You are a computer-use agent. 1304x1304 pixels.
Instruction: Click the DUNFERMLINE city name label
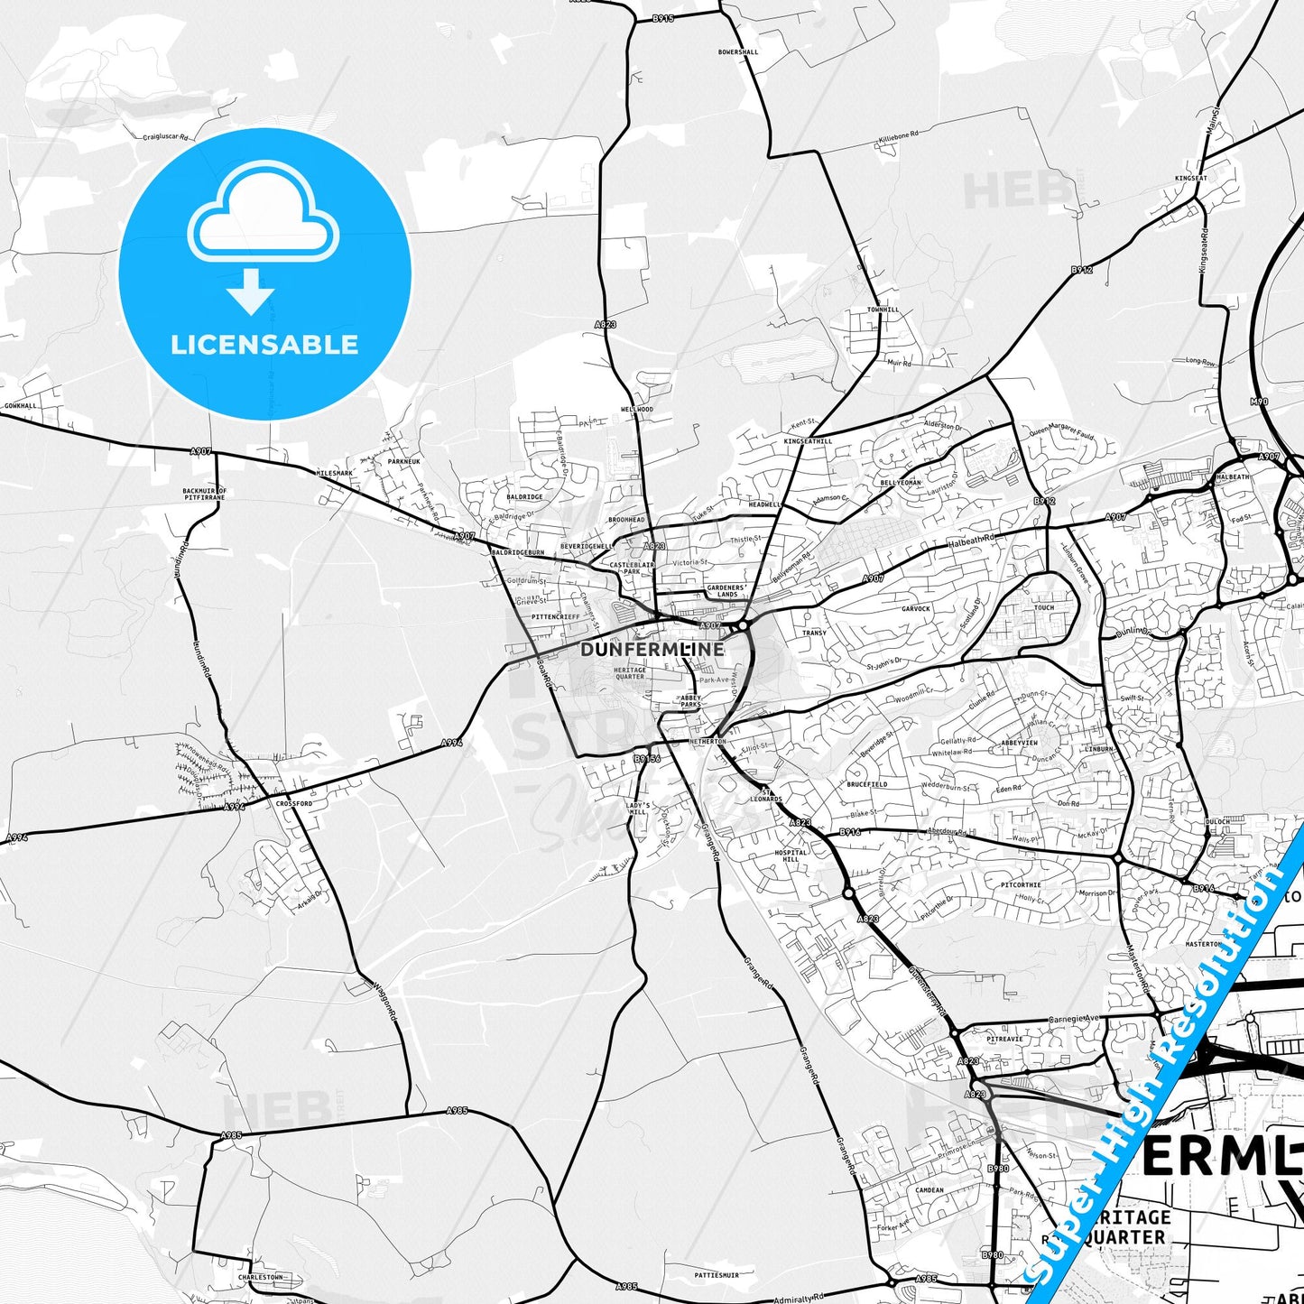click(652, 649)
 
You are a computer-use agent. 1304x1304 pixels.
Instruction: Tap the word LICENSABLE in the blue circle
click(264, 345)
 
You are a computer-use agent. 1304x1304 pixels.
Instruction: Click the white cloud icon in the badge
click(263, 213)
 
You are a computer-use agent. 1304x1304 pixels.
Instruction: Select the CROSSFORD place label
click(294, 803)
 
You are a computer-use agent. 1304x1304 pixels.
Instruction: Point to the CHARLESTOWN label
click(260, 1278)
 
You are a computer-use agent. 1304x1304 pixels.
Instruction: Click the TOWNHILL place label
click(883, 310)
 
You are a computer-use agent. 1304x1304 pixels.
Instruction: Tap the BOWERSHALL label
click(738, 52)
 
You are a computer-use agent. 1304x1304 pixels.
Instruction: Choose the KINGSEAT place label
click(1191, 179)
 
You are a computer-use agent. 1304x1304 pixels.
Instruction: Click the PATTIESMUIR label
click(717, 1275)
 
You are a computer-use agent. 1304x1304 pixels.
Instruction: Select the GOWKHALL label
click(21, 406)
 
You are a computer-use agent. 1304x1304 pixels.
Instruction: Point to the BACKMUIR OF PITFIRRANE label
click(204, 494)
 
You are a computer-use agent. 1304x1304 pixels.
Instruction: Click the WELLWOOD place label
click(637, 410)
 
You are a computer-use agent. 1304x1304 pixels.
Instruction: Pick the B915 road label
click(662, 18)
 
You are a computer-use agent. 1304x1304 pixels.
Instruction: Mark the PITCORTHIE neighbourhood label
click(1021, 885)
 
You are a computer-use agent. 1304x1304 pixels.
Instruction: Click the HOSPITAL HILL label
click(791, 855)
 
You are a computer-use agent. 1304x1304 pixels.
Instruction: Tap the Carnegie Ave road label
click(1075, 1021)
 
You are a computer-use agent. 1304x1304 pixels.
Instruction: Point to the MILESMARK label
click(335, 473)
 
